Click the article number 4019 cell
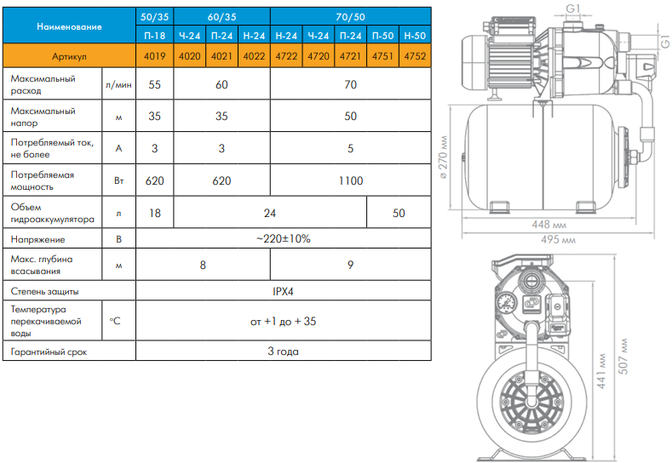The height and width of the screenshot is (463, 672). coord(155,56)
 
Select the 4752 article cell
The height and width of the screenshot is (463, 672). coord(415,56)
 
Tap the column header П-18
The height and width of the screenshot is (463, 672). coord(155,36)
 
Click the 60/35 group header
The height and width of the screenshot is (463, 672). coord(221,17)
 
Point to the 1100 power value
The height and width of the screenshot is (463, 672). coord(351,180)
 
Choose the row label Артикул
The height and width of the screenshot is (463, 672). coord(69,56)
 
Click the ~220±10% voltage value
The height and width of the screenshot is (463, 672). coord(284,238)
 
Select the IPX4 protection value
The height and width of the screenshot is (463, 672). coord(283,291)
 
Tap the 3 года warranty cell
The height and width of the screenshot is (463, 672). coord(283,352)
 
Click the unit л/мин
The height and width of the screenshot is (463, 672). coord(118,85)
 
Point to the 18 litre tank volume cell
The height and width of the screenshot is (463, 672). coord(155,213)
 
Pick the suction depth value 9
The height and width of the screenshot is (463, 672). coord(351,266)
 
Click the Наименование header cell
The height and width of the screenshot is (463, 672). coord(69,26)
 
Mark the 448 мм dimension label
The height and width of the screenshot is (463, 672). coord(549,225)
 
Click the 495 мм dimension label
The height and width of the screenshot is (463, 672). coord(558,239)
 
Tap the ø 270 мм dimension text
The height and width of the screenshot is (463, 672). coord(443,157)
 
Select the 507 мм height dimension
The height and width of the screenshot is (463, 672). coord(623,357)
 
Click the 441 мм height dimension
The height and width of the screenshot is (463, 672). coord(601,371)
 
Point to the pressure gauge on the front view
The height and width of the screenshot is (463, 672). coord(506,303)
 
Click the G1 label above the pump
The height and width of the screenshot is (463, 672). coord(573,9)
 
